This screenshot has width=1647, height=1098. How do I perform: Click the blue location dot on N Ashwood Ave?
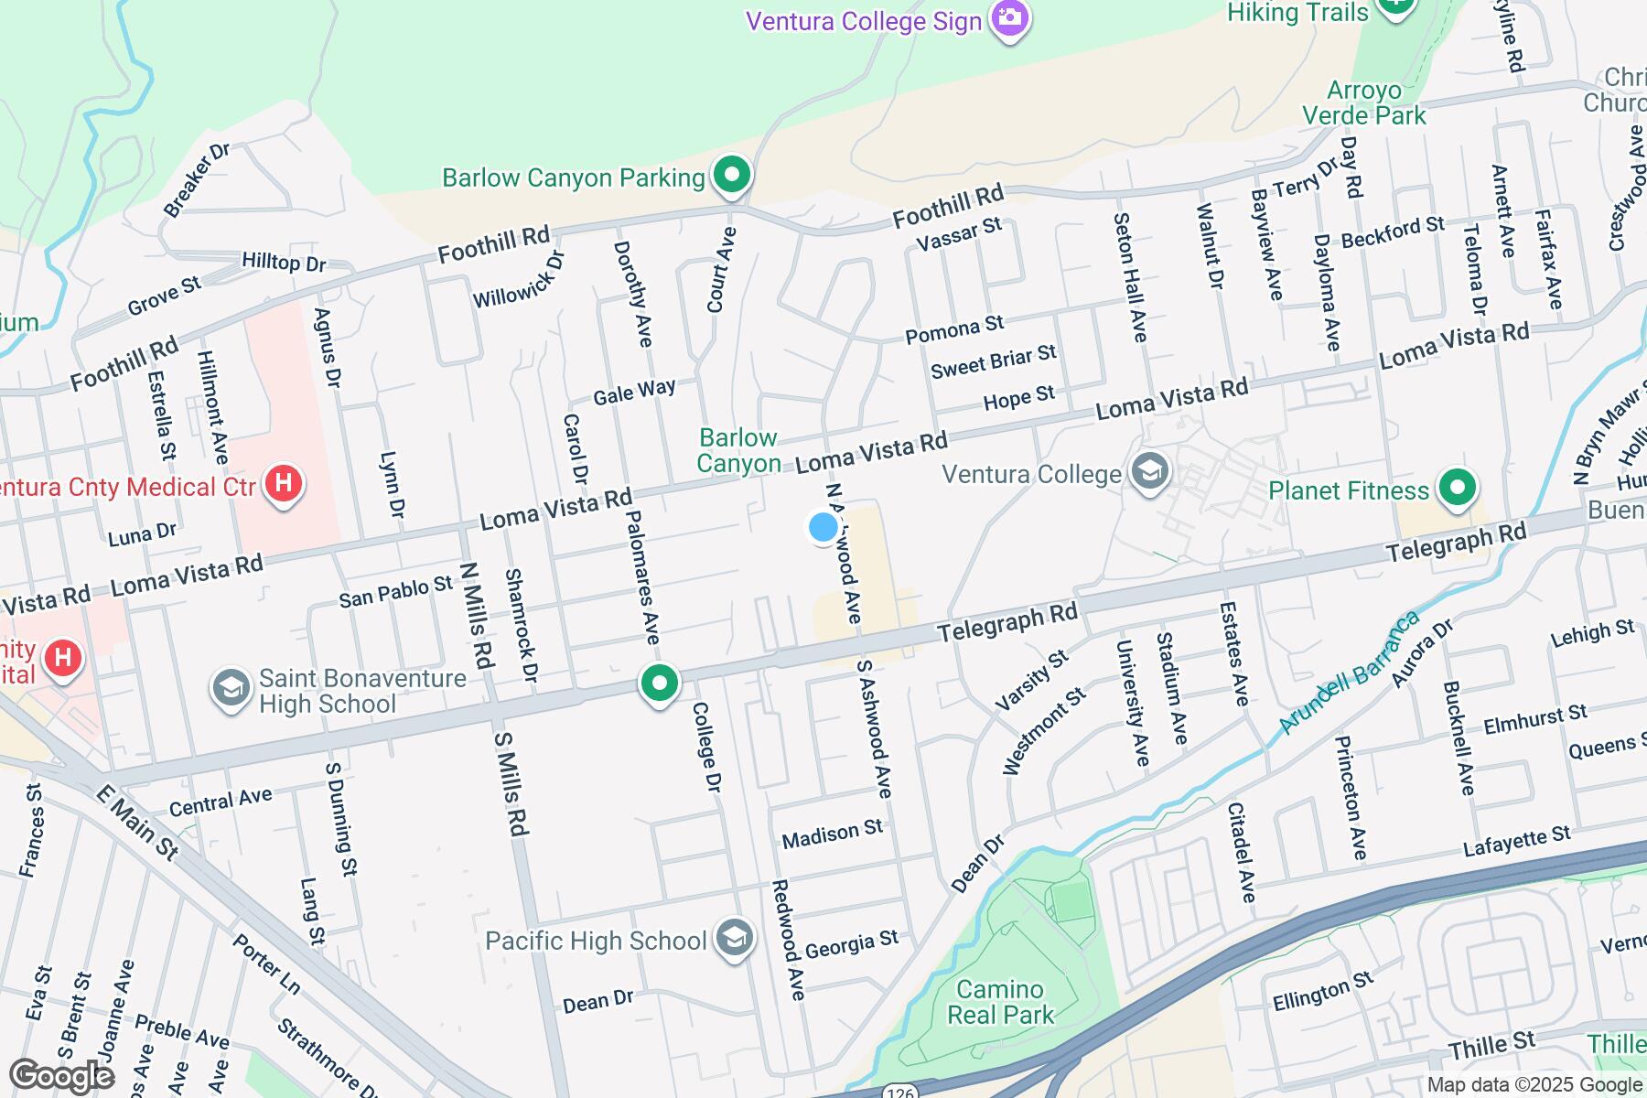(x=823, y=527)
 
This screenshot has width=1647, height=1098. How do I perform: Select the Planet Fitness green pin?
(x=1457, y=489)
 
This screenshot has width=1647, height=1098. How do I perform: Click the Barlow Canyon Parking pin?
(x=731, y=175)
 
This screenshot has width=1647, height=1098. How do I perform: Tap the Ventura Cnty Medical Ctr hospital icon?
(x=283, y=482)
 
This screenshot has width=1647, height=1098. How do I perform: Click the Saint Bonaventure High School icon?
(x=231, y=688)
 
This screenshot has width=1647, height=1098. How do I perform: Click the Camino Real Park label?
(x=1001, y=1002)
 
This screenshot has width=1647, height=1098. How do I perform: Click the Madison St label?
(x=833, y=833)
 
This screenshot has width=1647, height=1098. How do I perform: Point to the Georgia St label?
(x=852, y=942)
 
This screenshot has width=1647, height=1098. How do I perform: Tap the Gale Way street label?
(x=634, y=392)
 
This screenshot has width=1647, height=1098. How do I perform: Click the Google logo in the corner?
(x=60, y=1076)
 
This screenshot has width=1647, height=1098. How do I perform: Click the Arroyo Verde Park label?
(x=1363, y=102)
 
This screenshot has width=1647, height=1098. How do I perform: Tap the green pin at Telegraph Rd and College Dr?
(x=659, y=683)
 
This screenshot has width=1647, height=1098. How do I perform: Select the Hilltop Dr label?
(x=284, y=263)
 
